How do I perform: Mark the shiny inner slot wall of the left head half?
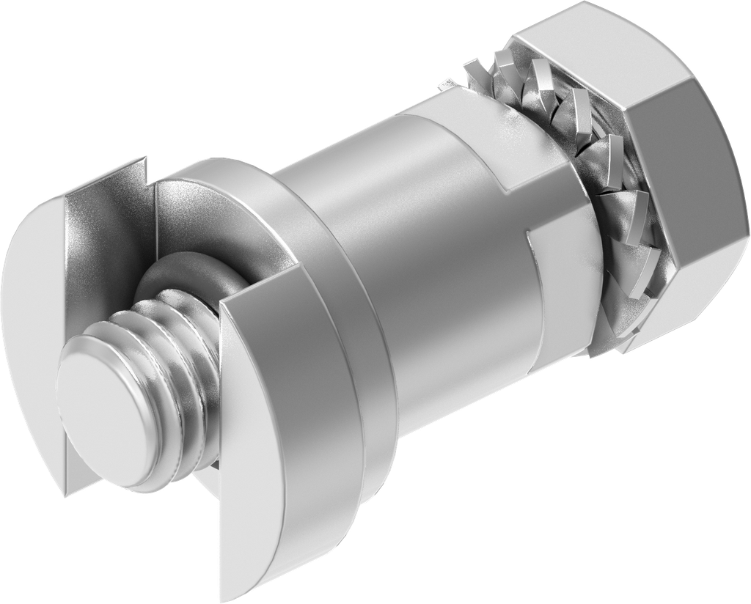(95, 242)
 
